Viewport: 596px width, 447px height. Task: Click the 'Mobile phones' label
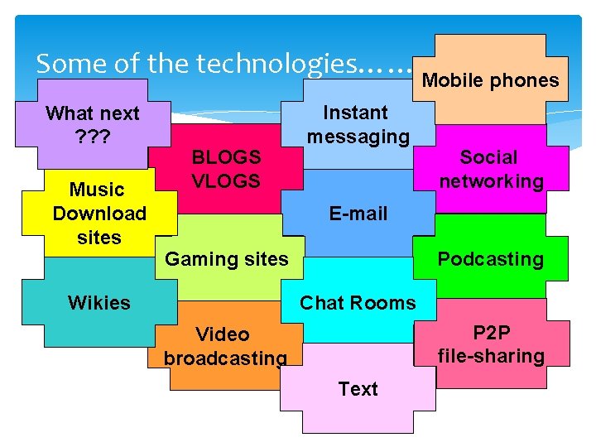[x=490, y=80]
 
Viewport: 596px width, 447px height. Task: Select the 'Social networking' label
[x=491, y=169]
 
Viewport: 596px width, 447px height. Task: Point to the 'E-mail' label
[x=358, y=214]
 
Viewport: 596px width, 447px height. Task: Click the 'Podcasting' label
[x=490, y=259]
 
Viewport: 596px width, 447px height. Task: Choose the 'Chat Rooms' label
[x=358, y=303]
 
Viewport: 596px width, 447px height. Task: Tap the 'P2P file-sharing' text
[x=491, y=344]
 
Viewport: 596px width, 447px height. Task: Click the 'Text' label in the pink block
[x=358, y=389]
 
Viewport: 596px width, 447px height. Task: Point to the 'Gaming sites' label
[x=226, y=259]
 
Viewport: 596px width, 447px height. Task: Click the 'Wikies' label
[x=99, y=303]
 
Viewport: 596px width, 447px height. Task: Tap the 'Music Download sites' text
[x=99, y=214]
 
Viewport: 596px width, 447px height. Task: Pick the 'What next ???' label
[x=93, y=124]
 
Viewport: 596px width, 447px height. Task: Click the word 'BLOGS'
[x=226, y=157]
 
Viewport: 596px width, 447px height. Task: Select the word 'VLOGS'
[x=226, y=181]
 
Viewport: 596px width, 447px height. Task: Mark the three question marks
[x=93, y=137]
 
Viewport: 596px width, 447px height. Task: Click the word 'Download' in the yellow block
[x=99, y=214]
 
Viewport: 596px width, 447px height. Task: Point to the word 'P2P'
[x=491, y=333]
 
